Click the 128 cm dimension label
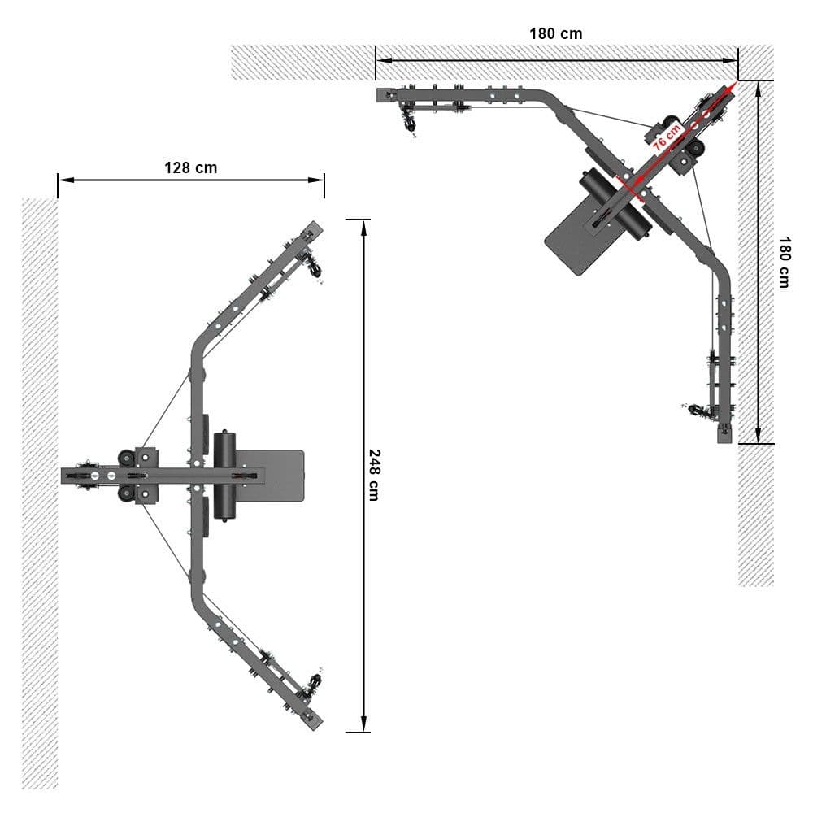(190, 167)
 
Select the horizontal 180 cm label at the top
(555, 34)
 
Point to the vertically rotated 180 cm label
(784, 262)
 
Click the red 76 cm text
(667, 135)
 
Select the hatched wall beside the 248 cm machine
(40, 488)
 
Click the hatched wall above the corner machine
(488, 63)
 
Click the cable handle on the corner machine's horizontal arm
(408, 122)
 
